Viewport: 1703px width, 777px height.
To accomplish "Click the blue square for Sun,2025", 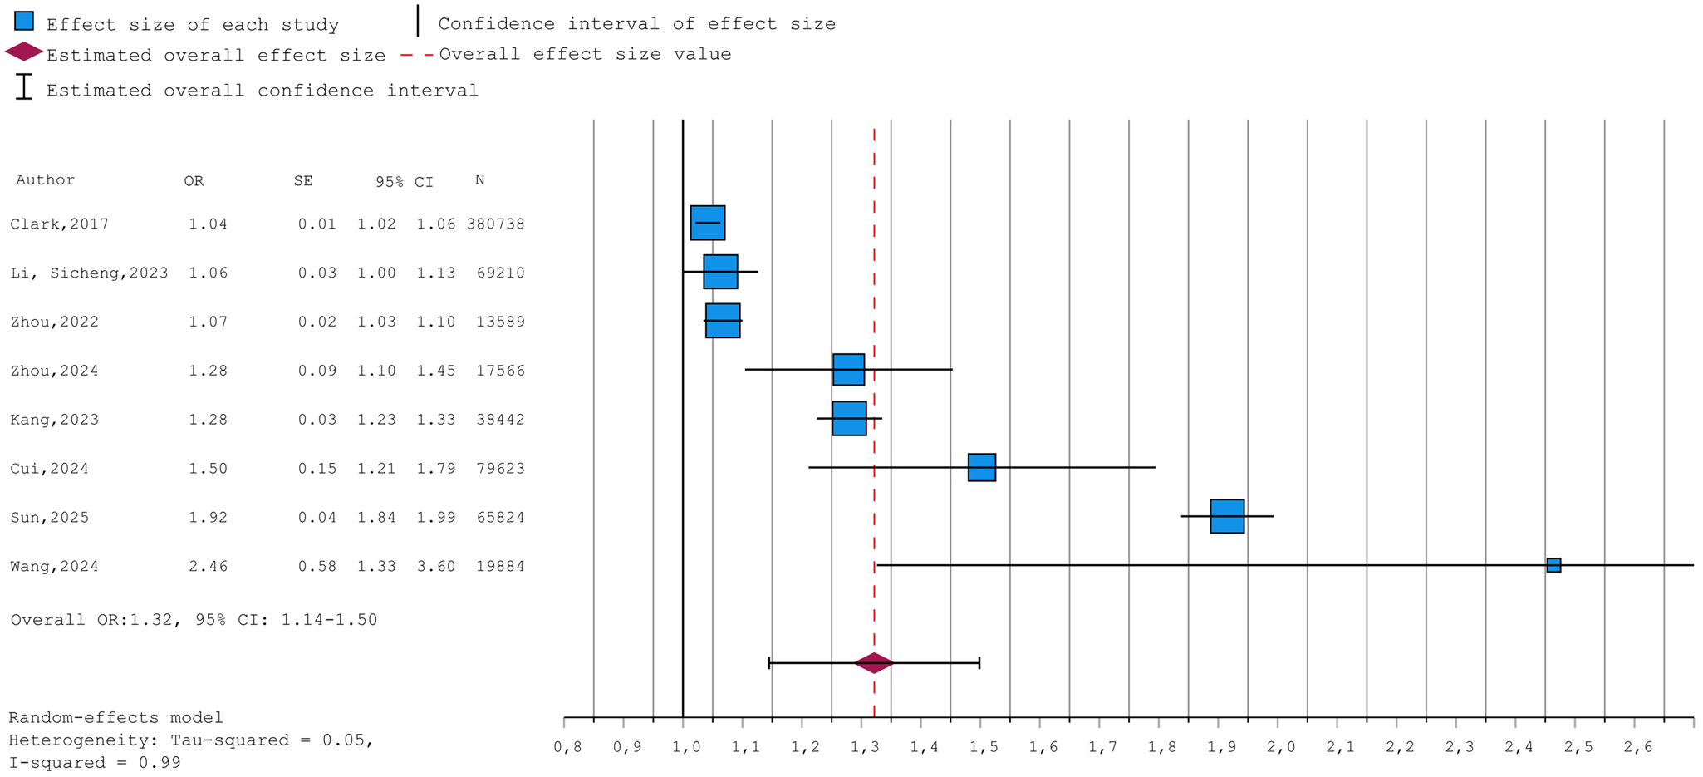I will tap(1227, 516).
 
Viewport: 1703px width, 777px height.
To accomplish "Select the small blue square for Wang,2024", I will tap(1553, 565).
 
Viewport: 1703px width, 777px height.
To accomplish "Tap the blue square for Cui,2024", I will tap(982, 467).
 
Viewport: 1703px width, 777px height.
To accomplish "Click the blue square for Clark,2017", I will tap(708, 223).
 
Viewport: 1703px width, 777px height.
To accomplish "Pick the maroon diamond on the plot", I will tap(874, 662).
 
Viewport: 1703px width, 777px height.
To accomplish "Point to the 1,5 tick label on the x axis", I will tap(984, 747).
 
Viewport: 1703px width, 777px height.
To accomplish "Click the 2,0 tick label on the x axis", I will tap(1281, 747).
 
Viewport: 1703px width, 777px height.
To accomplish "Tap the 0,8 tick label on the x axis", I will tap(567, 747).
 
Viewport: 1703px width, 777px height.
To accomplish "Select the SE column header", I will tap(303, 181).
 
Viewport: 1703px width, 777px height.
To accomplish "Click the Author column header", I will tap(45, 180).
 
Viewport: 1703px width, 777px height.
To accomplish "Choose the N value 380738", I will tap(495, 224).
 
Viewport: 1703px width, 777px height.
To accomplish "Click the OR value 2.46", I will tap(208, 567).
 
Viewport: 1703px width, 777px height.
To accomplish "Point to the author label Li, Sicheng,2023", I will tap(89, 273).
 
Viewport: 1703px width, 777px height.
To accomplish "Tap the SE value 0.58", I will tap(317, 567).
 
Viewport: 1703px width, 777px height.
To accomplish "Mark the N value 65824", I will tap(500, 518).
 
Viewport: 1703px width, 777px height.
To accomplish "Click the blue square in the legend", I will tap(24, 21).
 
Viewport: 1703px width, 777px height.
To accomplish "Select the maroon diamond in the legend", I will tap(24, 52).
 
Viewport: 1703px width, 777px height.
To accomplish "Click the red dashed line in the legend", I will tap(417, 55).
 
